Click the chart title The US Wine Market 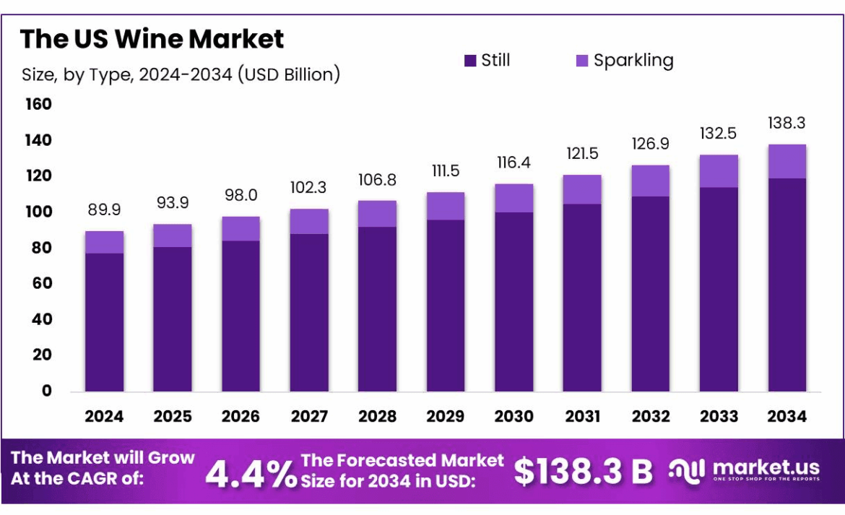(152, 38)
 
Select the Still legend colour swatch (469, 61)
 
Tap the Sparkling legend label (633, 61)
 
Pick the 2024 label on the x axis (104, 417)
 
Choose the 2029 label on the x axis (446, 417)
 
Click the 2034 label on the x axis (786, 417)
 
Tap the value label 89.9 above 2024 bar (104, 210)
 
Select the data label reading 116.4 (513, 163)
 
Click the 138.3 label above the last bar (786, 124)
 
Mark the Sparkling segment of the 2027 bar (309, 221)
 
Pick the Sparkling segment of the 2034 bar (786, 161)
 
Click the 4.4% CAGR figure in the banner (251, 473)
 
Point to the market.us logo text (766, 468)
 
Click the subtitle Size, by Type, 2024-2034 (181, 74)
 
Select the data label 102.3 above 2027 (309, 188)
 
